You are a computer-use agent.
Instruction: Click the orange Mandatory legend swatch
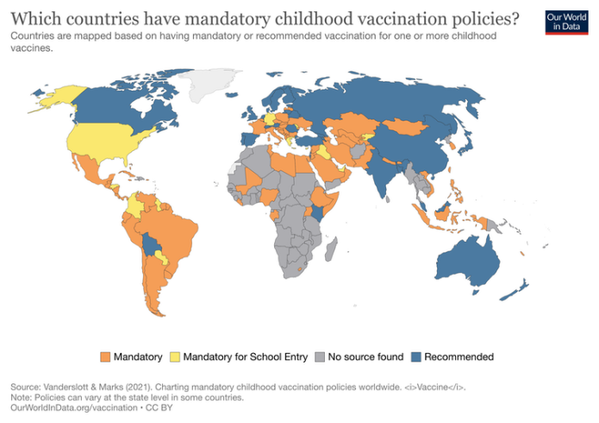coord(105,357)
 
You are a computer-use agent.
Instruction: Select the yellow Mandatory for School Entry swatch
coord(175,357)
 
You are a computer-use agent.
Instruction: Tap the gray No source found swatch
coord(320,357)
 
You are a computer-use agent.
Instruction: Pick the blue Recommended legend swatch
coord(415,357)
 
